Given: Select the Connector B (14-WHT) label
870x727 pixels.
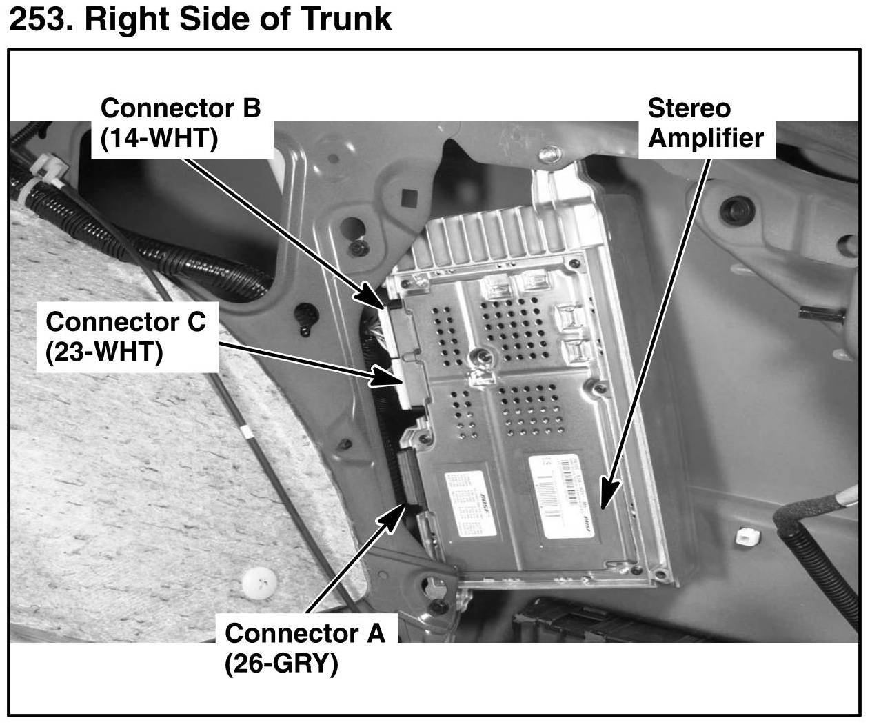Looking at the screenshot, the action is (180, 123).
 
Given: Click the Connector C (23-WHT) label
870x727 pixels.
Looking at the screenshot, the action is (125, 337).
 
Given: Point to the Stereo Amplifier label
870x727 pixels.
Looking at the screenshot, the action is (705, 123).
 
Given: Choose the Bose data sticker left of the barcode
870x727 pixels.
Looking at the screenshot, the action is (470, 501).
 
